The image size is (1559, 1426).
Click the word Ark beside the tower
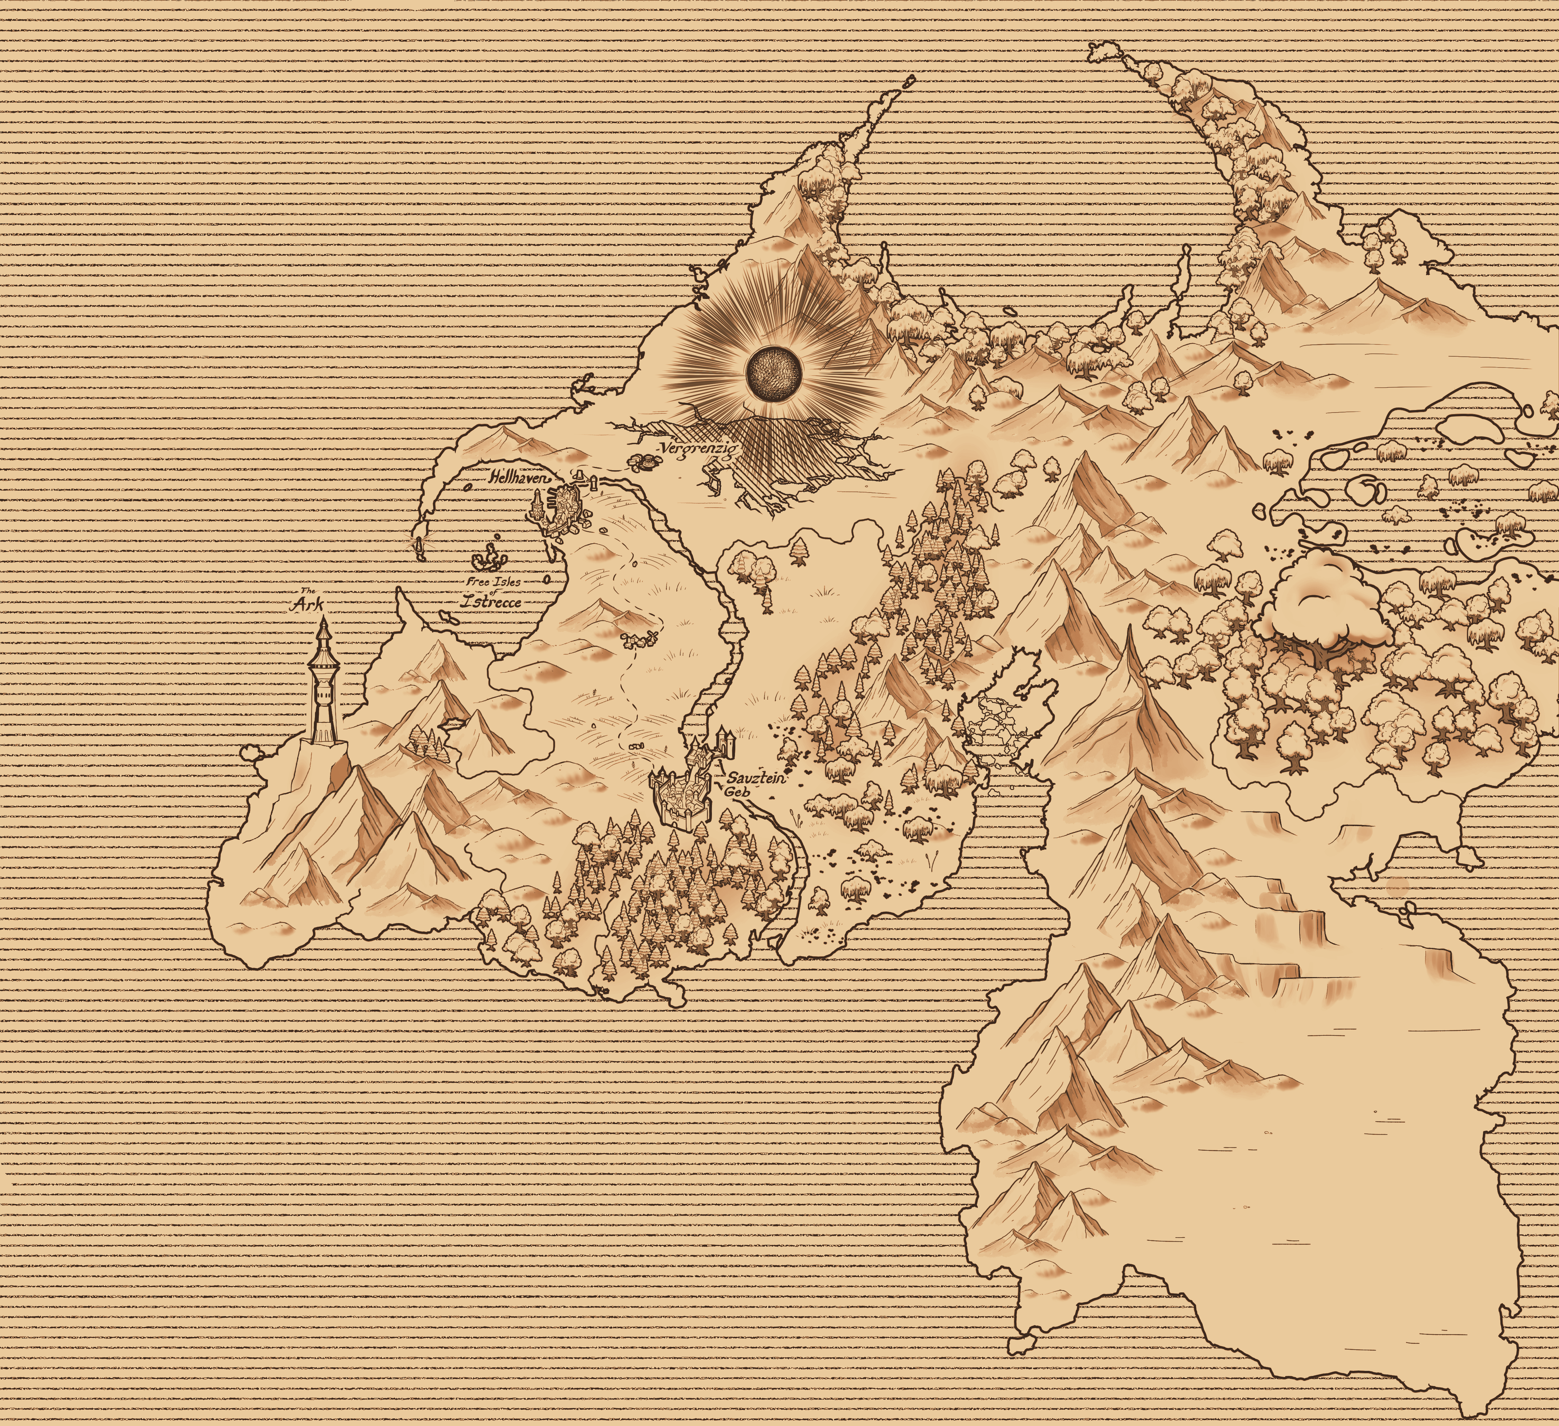click(x=306, y=606)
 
